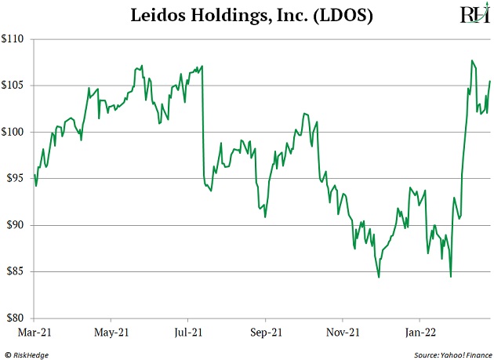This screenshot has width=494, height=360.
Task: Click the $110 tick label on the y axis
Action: [16, 39]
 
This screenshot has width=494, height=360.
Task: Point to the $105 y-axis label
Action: [16, 85]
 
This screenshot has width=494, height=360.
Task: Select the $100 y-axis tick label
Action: [16, 132]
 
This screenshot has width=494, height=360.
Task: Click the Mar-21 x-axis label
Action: [35, 333]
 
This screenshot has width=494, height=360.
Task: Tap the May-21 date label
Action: [112, 333]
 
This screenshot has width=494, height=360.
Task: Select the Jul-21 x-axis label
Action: [189, 333]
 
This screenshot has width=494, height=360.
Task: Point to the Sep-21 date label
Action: [266, 333]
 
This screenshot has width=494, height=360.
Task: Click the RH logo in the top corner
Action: [473, 15]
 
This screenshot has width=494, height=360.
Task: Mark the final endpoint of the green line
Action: [491, 82]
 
